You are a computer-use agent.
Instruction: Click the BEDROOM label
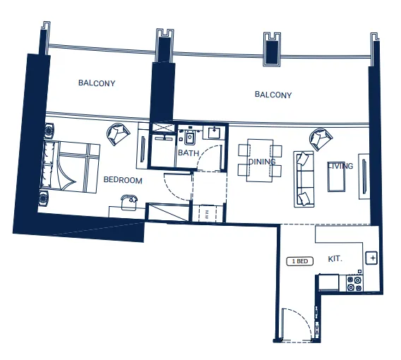[x=123, y=181]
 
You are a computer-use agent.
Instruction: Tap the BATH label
[x=188, y=152]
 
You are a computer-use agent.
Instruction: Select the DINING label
[x=262, y=162]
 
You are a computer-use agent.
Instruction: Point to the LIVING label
[x=340, y=167]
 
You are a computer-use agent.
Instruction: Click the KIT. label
[x=335, y=259]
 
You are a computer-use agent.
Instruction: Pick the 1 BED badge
[x=299, y=261]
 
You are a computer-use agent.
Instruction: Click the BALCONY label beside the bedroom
[x=97, y=83]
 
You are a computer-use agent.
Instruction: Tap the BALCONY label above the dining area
[x=273, y=95]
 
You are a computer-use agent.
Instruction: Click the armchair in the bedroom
[x=118, y=133]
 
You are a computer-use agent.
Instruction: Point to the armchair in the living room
[x=321, y=138]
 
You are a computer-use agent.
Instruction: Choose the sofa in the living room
[x=305, y=178]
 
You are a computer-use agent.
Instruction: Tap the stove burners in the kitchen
[x=354, y=284]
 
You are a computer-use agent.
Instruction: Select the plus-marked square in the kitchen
[x=372, y=258]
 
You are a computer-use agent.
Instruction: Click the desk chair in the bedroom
[x=127, y=201]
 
